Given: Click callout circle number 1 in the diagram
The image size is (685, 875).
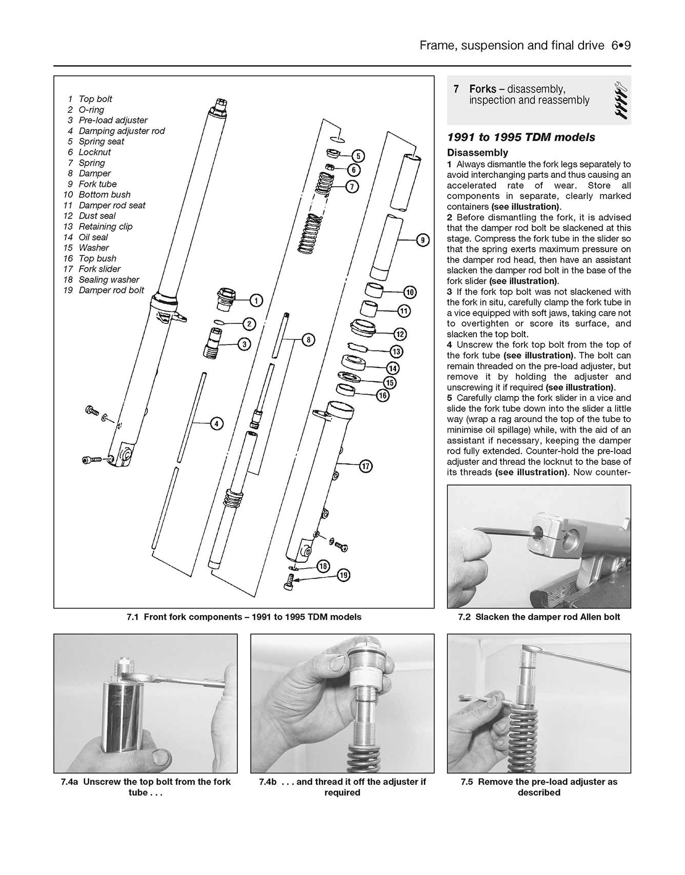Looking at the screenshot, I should coord(256,300).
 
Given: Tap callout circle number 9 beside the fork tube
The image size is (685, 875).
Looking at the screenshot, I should coord(422,240).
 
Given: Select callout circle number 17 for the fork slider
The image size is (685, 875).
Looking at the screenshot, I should coord(365,466).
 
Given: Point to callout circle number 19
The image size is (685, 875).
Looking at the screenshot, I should coord(344,575).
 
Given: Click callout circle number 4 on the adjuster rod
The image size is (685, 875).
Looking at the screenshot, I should coord(217,423).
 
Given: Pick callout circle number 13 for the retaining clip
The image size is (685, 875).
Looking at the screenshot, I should coord(396,352).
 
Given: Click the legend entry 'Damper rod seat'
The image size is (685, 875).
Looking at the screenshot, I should coord(112,205).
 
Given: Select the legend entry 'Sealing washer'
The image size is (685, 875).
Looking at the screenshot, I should coord(109,279).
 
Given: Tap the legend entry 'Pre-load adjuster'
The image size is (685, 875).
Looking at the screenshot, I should coord(113,120).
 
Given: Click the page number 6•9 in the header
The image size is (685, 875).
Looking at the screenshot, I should coord(620,46).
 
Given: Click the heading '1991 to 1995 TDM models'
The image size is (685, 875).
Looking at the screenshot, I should coord(521,137).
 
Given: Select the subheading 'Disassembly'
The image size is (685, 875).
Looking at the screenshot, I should coord(477,152).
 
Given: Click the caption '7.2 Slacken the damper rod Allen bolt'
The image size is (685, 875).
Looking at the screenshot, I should coord(539,617).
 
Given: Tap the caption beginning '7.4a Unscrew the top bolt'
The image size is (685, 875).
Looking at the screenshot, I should coord(146,787).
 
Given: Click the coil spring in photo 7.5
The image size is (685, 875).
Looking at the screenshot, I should coord(523,738).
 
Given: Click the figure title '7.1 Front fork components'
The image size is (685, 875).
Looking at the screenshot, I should coord(244,617).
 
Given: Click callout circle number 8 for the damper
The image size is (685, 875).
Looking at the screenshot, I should coord(308,339).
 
